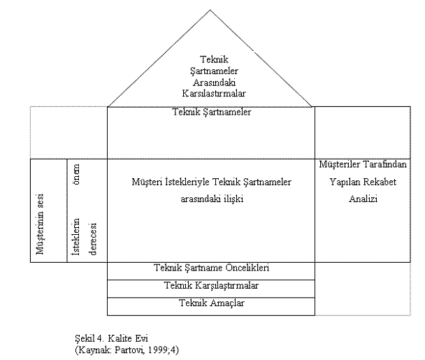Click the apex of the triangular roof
click(x=210, y=10)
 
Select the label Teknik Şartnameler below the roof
click(x=211, y=112)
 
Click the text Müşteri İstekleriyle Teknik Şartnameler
click(x=211, y=182)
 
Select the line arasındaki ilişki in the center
click(x=211, y=199)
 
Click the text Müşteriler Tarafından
click(x=363, y=164)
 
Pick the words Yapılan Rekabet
click(x=363, y=182)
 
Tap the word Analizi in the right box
click(x=363, y=199)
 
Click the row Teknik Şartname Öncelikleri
click(x=211, y=268)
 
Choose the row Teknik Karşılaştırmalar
click(x=211, y=285)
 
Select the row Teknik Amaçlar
click(x=211, y=303)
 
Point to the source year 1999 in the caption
click(x=160, y=349)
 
